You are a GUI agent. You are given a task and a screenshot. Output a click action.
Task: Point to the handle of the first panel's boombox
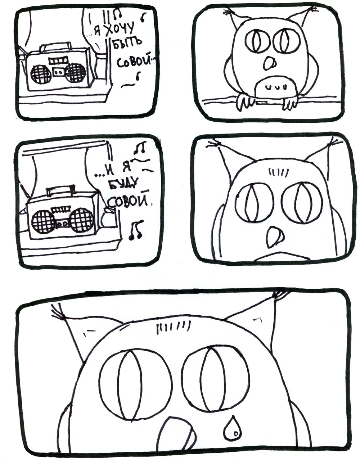(x=56, y=46)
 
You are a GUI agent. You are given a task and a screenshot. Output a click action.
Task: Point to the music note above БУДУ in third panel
(x=140, y=148)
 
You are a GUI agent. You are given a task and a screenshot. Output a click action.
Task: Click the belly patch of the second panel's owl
(x=276, y=87)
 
